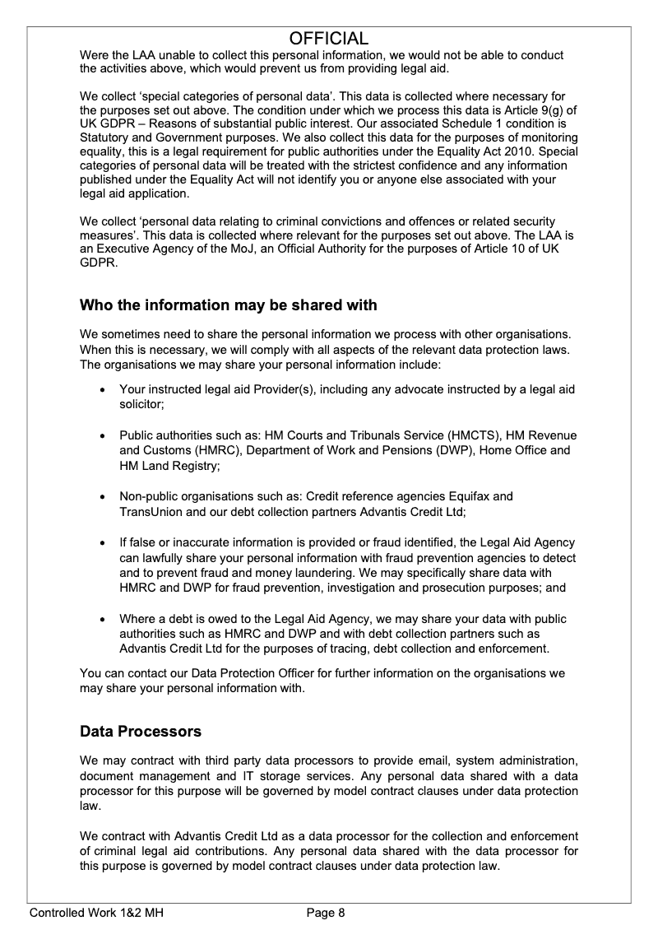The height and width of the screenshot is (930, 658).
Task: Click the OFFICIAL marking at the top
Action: [329, 39]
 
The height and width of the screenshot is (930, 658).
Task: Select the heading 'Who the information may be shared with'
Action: [228, 305]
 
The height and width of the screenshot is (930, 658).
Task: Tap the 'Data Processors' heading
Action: [141, 732]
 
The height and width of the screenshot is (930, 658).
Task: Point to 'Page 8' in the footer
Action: [326, 912]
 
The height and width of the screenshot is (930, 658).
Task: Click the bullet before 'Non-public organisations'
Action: [101, 497]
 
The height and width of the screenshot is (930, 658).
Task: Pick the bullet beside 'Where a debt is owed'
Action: [101, 620]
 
